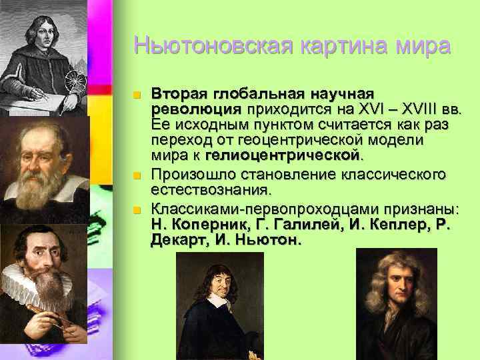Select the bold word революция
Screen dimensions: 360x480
[196, 109]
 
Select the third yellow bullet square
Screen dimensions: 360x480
[137, 209]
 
